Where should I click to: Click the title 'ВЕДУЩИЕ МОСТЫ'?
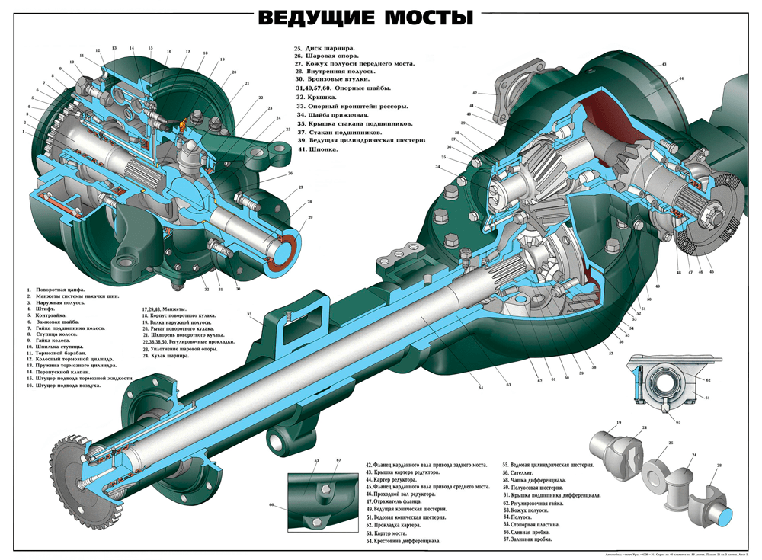[364, 17]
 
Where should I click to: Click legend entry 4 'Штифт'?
[46, 307]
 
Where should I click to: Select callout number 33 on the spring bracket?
[249, 314]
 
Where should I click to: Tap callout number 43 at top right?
[664, 65]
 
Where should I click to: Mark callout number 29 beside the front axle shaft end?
[310, 217]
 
